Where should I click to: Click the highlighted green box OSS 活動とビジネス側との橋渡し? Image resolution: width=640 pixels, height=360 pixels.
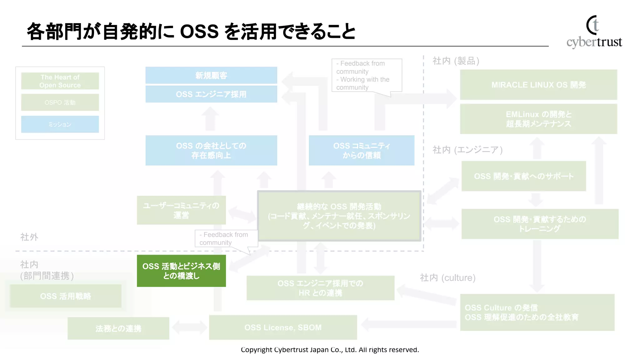(x=181, y=271)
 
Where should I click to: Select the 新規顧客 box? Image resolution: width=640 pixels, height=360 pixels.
(x=211, y=75)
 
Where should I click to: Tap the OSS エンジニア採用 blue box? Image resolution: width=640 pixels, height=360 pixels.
(x=211, y=94)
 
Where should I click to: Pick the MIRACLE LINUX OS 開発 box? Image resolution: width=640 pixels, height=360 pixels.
(x=538, y=85)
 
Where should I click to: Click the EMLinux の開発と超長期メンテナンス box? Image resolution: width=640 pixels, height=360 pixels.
(x=538, y=119)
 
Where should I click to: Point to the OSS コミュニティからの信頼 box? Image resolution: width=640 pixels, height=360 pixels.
(x=362, y=150)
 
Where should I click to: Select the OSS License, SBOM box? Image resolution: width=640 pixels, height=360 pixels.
(x=283, y=327)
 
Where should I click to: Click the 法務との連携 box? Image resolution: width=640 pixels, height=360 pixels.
(x=118, y=328)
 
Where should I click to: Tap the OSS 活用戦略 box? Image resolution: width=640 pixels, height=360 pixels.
(x=66, y=296)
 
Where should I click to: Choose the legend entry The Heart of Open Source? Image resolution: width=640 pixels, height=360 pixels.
(x=60, y=81)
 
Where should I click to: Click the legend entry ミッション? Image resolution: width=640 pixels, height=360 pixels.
(x=60, y=124)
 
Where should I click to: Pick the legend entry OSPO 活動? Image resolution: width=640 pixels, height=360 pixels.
(x=60, y=102)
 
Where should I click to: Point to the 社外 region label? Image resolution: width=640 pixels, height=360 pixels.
(x=29, y=237)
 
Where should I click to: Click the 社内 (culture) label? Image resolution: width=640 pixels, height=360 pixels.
(x=447, y=277)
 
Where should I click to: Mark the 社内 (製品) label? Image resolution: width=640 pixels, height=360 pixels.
(x=456, y=61)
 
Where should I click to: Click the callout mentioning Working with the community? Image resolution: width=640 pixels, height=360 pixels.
(x=366, y=75)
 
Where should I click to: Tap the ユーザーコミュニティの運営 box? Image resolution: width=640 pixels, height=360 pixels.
(x=181, y=210)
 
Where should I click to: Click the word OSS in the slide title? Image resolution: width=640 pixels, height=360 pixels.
(x=199, y=32)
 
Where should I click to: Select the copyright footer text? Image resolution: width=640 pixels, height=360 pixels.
(x=330, y=350)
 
